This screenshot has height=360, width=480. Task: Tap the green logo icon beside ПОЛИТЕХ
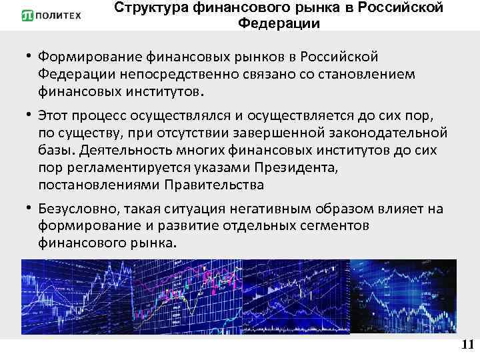(29, 15)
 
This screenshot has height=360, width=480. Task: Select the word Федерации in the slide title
(279, 24)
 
